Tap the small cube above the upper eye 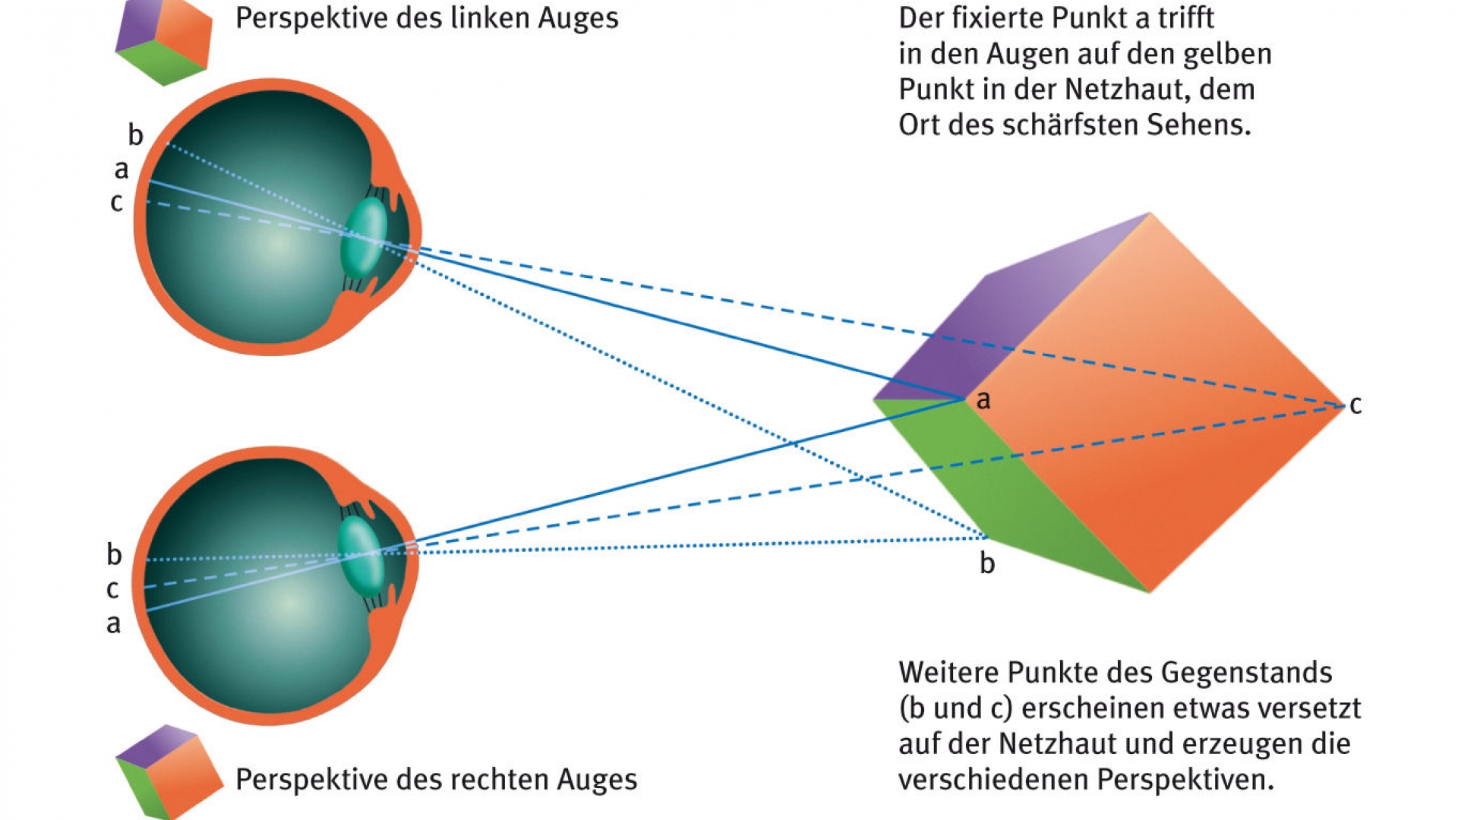pos(163,41)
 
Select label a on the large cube pos(983,400)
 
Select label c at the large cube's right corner pos(1355,405)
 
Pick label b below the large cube pos(987,563)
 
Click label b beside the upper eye pos(135,135)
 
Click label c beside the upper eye pos(116,203)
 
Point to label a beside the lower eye pos(113,624)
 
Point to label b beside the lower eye pos(114,555)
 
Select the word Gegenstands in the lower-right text pos(1246,673)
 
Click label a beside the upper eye pos(121,170)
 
